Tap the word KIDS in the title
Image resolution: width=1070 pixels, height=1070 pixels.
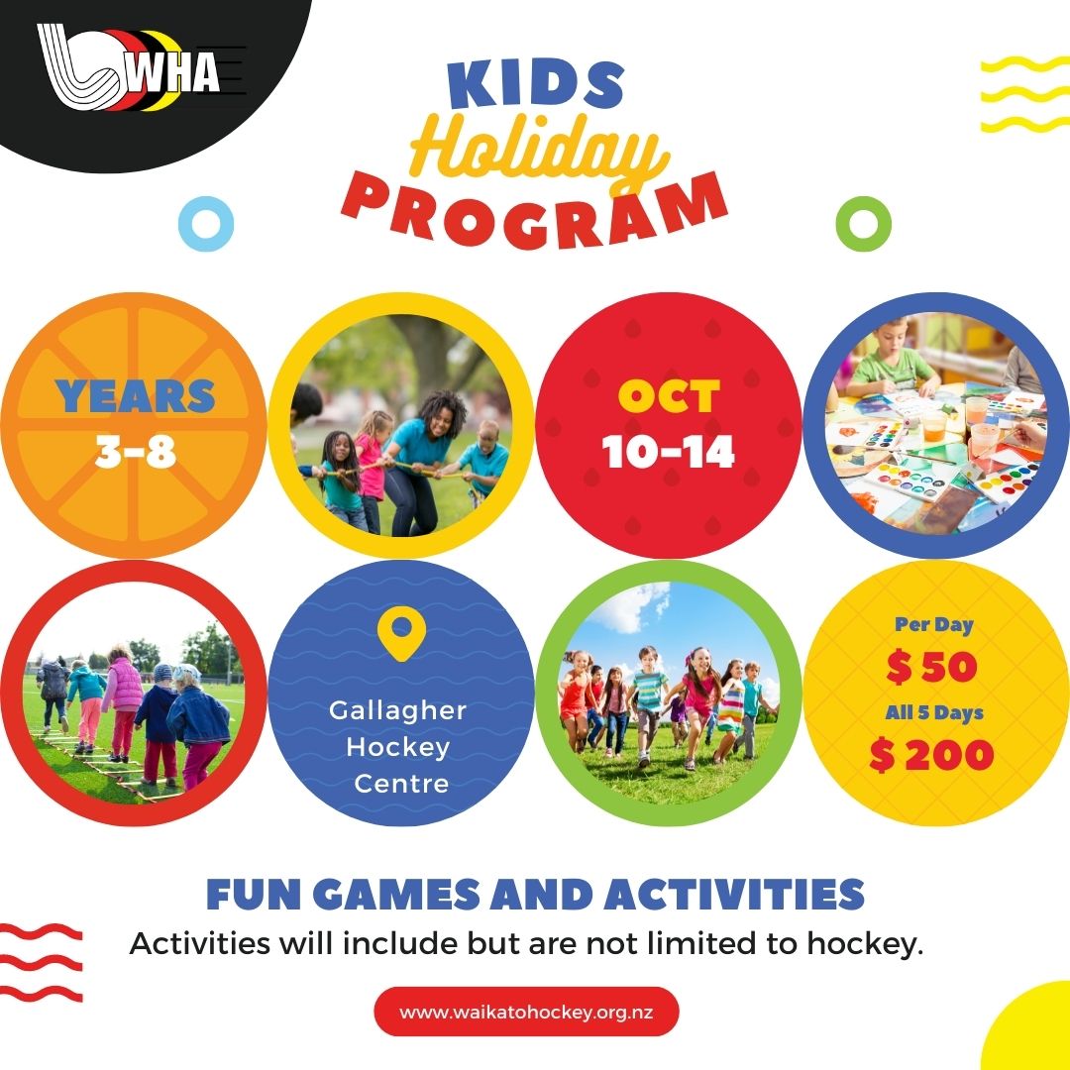coord(536,84)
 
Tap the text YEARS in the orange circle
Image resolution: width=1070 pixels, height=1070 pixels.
coord(135,395)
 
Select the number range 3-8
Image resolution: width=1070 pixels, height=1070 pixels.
coord(135,451)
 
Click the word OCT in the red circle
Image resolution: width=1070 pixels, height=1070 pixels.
coord(669,395)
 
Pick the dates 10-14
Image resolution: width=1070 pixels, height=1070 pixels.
coord(668,451)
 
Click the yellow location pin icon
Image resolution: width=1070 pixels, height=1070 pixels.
coord(401,633)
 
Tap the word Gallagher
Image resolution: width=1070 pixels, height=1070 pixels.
coord(398,710)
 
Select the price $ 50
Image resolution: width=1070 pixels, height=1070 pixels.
coord(932,667)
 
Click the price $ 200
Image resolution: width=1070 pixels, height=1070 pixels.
coord(931,755)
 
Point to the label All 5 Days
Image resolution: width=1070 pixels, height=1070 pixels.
coord(934,712)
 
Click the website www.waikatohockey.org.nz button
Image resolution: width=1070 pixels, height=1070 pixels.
coord(527,1012)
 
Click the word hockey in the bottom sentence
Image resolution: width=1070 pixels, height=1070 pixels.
coord(865,944)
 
